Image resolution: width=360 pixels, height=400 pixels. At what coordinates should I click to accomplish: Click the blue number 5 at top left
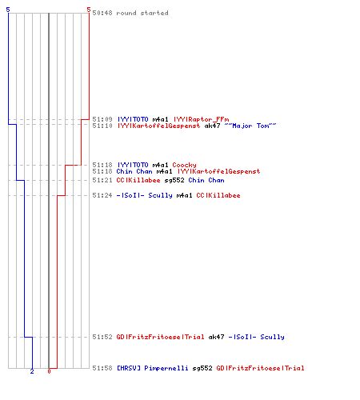[x=8, y=10]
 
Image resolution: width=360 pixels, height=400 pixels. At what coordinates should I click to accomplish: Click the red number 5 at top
[x=89, y=10]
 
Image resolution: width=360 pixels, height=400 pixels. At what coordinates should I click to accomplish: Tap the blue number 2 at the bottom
[x=32, y=371]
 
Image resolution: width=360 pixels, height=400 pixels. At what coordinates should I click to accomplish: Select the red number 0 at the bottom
[x=49, y=371]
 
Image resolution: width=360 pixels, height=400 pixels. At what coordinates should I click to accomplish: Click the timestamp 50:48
[x=102, y=13]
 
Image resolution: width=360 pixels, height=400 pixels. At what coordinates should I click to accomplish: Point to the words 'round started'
[x=142, y=13]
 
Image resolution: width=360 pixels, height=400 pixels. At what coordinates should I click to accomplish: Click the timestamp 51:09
[x=102, y=119]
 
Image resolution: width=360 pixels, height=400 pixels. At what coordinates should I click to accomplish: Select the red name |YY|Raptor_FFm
[x=202, y=119]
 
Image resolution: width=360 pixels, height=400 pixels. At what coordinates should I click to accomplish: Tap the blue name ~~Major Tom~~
[x=250, y=126]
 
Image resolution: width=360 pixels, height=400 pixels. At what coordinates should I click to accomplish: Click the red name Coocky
[x=184, y=165]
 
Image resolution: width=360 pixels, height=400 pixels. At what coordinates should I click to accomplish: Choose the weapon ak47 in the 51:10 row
[x=212, y=126]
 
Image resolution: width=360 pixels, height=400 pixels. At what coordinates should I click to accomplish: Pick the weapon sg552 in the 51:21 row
[x=174, y=180]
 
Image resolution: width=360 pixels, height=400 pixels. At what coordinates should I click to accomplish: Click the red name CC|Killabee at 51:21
[x=138, y=180]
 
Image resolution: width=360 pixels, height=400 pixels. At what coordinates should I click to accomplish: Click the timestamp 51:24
[x=102, y=195]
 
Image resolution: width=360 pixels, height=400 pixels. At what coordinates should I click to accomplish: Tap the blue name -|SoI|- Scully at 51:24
[x=145, y=195]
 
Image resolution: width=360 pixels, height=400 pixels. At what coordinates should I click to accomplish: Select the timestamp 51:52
[x=102, y=337]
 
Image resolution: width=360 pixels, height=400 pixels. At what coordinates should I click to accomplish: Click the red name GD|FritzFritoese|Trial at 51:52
[x=160, y=337]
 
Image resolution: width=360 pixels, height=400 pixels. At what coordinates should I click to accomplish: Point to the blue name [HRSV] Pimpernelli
[x=153, y=368]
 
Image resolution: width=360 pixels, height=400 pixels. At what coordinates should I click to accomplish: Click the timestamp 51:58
[x=102, y=368]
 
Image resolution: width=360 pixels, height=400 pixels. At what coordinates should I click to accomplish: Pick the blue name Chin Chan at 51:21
[x=206, y=180]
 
